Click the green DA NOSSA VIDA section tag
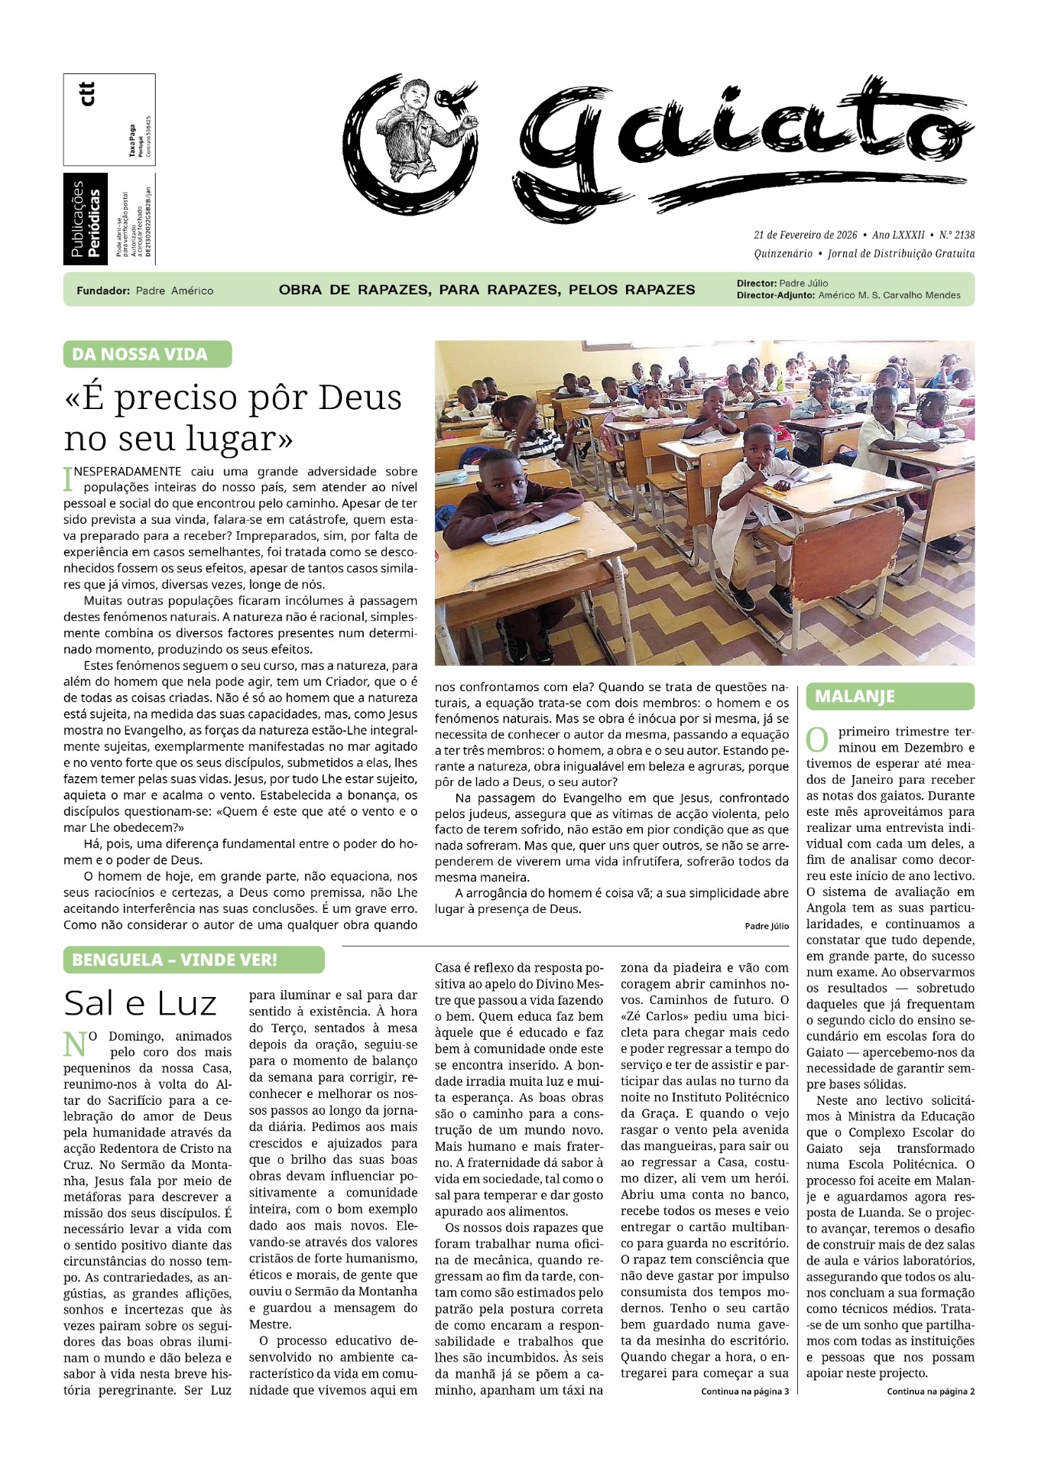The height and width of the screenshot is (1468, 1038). coord(147,354)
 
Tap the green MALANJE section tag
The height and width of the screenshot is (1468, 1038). coord(890,697)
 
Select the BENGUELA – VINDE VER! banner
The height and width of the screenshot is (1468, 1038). coord(193,960)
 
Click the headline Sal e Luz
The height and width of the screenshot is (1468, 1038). coord(141,1002)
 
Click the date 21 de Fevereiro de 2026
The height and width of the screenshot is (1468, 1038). coord(805,235)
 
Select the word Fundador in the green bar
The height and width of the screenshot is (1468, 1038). coord(102,291)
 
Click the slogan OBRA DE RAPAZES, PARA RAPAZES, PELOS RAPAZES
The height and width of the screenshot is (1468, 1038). coord(487,290)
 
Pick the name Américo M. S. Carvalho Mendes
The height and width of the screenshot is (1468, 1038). coord(889,295)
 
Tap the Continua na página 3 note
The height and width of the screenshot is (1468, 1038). coord(744,1392)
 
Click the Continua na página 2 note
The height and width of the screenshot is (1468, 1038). coord(930,1392)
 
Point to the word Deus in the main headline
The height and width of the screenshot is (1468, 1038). coord(360,398)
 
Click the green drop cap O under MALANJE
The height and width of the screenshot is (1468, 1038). coord(817,739)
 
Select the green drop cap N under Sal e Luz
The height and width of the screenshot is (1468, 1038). coord(74,1043)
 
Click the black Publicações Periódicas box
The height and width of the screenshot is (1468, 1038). coord(86,219)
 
